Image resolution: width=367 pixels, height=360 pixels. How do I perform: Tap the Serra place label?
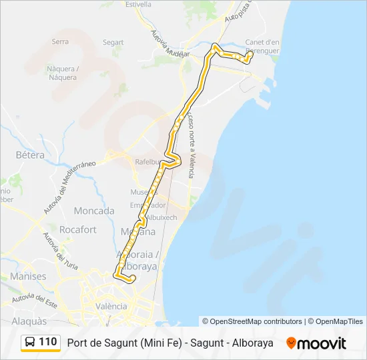[x=60, y=41]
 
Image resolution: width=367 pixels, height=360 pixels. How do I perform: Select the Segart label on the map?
[x=113, y=42]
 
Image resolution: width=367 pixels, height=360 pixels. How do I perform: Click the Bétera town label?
[x=29, y=155]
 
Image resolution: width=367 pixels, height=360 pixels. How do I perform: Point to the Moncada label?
[x=94, y=211]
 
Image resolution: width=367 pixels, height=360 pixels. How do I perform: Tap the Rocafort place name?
[x=78, y=229]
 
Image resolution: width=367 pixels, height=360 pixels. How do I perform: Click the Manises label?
[x=28, y=276]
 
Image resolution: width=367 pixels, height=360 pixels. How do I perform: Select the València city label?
[x=111, y=306]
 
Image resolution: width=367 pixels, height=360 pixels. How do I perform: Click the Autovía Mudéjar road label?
[x=170, y=44]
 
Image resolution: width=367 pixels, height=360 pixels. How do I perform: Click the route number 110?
[x=48, y=342]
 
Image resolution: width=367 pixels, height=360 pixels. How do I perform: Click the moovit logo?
[x=316, y=343]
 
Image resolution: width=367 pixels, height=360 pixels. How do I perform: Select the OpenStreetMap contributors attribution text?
[x=252, y=321]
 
